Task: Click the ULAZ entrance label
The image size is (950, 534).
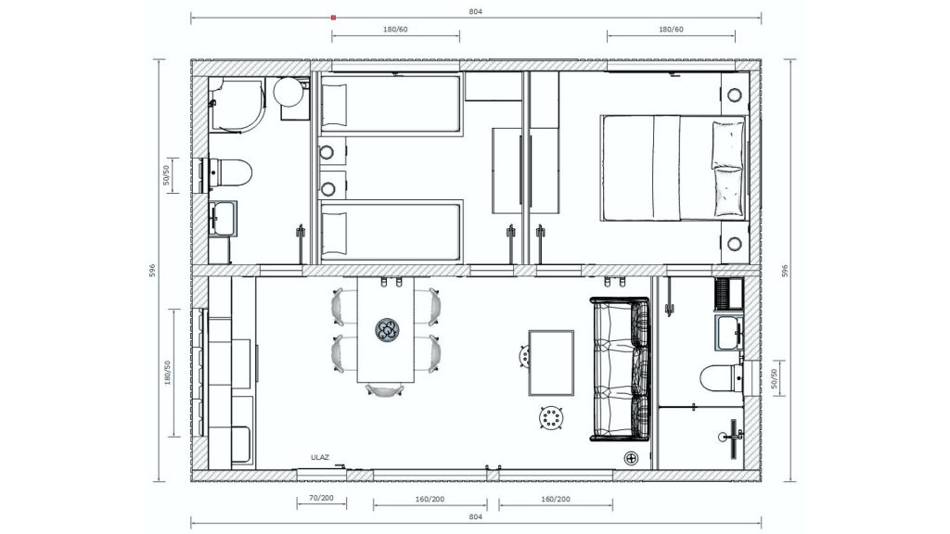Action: (320, 458)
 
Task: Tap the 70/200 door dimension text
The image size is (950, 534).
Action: (321, 499)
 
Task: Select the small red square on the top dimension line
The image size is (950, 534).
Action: (333, 18)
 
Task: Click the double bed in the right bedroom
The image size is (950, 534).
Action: (673, 168)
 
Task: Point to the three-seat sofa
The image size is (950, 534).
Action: (619, 369)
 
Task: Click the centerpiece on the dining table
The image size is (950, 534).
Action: (387, 331)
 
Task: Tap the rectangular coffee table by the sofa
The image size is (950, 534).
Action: (551, 362)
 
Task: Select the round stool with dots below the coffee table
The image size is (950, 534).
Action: (551, 418)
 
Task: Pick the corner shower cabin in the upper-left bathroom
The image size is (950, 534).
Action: (237, 104)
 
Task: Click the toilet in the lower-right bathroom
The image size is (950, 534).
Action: (722, 378)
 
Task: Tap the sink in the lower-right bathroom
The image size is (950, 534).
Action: (728, 333)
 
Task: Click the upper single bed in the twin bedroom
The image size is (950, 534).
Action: (391, 104)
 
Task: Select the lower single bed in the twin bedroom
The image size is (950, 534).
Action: (391, 232)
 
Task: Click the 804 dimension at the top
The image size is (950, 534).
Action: (476, 11)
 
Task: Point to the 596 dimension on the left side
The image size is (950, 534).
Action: (152, 270)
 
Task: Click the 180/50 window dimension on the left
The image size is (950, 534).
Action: (167, 373)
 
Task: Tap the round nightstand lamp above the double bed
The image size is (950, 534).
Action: (735, 95)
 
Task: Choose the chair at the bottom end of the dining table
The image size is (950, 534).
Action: (385, 390)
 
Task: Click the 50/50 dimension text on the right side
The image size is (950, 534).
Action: (774, 379)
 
